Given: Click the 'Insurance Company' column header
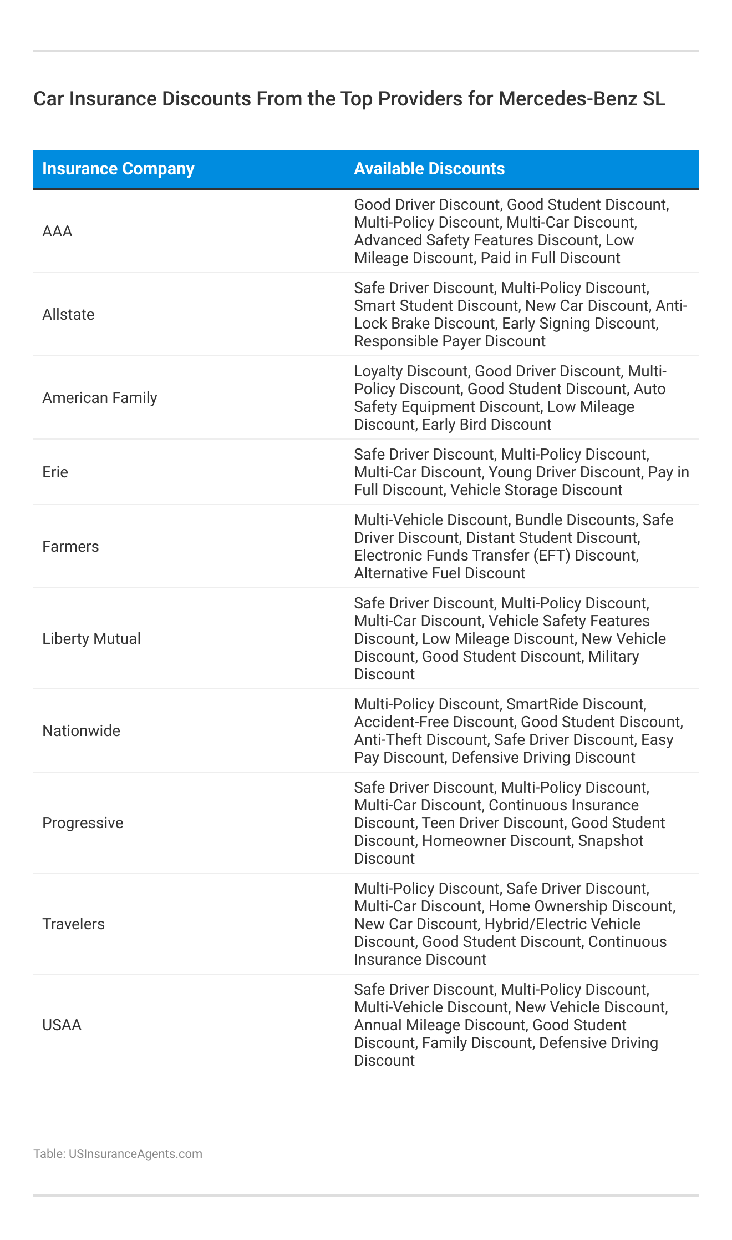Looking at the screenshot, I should pos(118,169).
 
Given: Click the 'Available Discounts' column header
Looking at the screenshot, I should pos(429,169).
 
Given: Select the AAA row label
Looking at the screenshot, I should pos(57,231).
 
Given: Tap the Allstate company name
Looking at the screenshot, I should pos(68,315).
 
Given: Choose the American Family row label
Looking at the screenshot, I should pos(100,398).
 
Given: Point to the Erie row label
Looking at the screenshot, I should pos(55,472).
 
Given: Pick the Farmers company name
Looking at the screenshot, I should pos(70,547).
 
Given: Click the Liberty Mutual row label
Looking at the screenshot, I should pos(91,639).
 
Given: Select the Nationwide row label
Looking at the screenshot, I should pos(81,731).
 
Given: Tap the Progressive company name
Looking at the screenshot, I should pos(83,823).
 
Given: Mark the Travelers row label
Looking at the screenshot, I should pos(73,924).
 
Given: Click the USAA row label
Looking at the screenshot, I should pos(62,1025).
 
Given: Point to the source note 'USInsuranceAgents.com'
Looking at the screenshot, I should pos(135,1154).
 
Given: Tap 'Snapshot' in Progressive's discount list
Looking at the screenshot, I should pos(611,841).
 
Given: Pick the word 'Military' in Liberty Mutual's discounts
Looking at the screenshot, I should pos(614,657).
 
